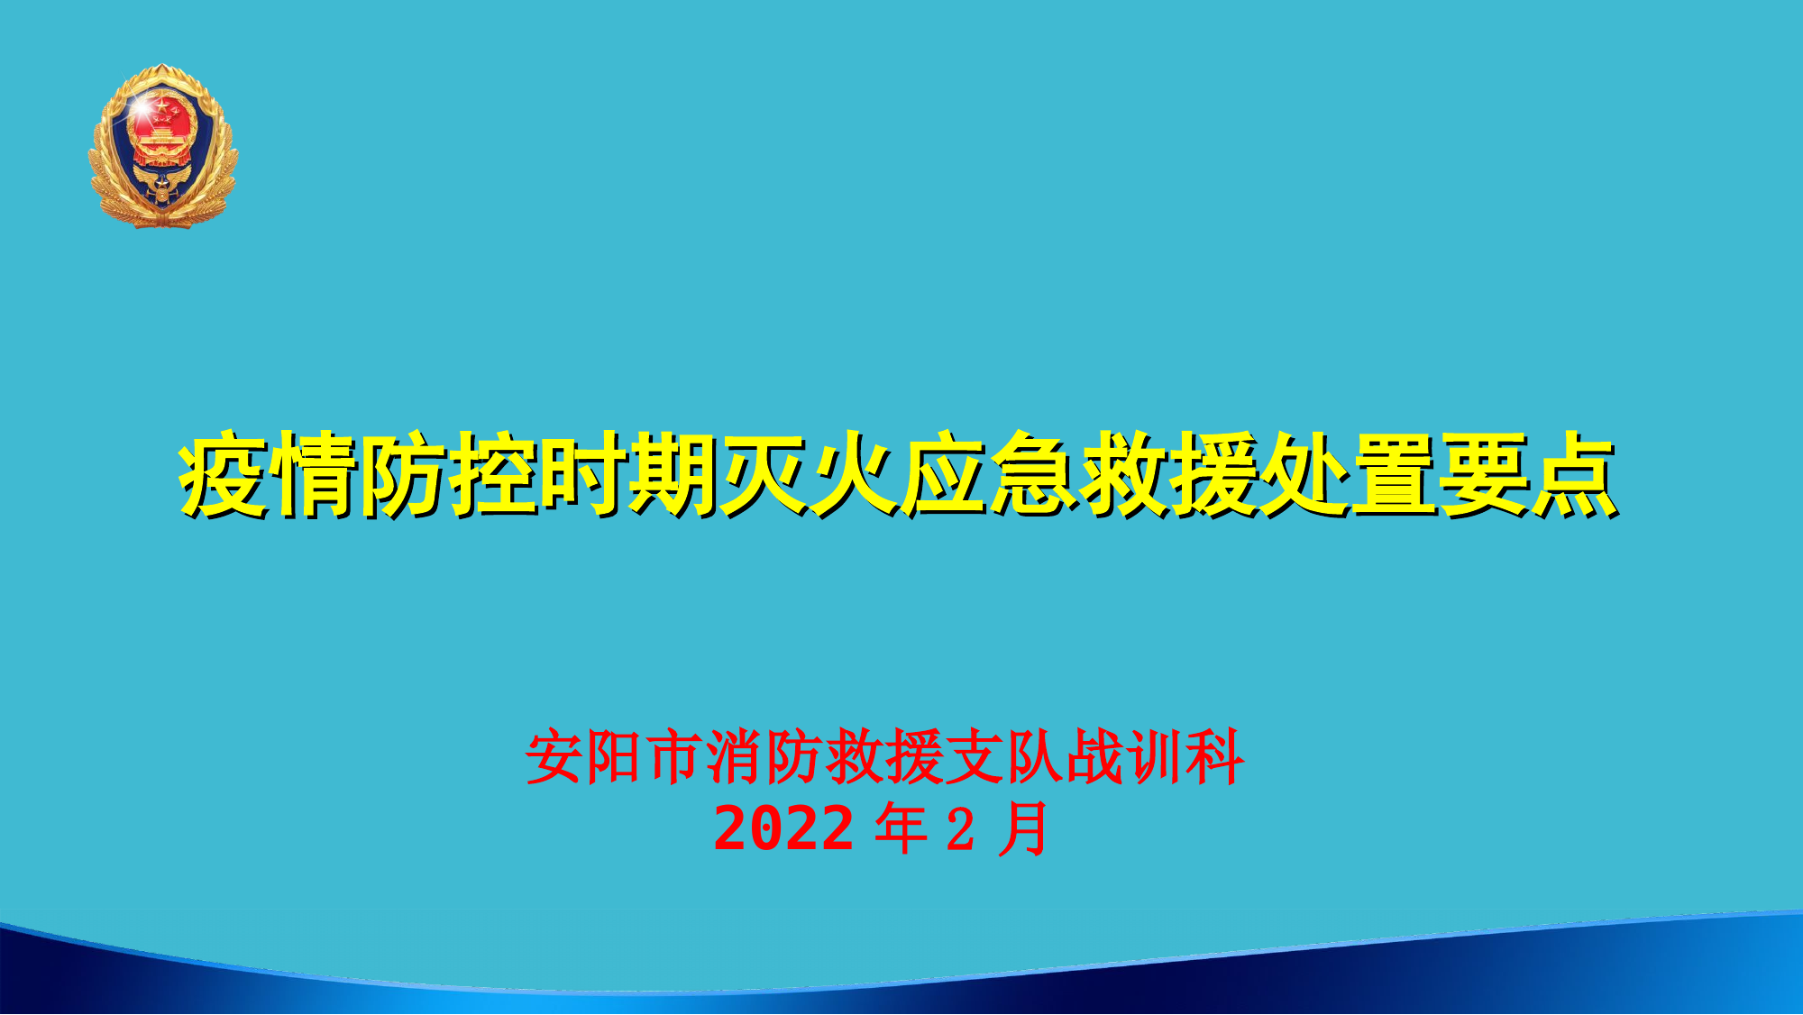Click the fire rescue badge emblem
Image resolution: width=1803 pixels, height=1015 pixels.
162,146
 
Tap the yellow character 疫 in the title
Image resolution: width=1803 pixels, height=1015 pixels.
224,475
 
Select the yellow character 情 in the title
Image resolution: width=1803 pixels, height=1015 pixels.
315,475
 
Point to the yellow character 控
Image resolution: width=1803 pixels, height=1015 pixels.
494,475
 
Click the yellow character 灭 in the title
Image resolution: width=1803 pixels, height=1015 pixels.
764,475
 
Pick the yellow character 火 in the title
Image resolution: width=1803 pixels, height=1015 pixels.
854,475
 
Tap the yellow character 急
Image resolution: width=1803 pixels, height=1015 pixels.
1033,475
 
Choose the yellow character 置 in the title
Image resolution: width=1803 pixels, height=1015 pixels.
1393,475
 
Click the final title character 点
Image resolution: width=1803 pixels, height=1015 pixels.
1573,475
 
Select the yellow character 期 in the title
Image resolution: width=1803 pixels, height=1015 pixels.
673,475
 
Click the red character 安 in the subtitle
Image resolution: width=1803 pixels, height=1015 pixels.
554,757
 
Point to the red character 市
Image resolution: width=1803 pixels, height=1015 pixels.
674,757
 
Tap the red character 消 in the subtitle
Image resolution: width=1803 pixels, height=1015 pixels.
735,757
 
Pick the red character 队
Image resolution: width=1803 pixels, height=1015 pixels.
1035,757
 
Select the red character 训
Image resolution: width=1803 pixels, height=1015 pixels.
1155,757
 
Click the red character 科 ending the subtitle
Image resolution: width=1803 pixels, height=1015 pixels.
1215,757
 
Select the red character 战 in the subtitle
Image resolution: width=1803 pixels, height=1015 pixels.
1095,757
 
